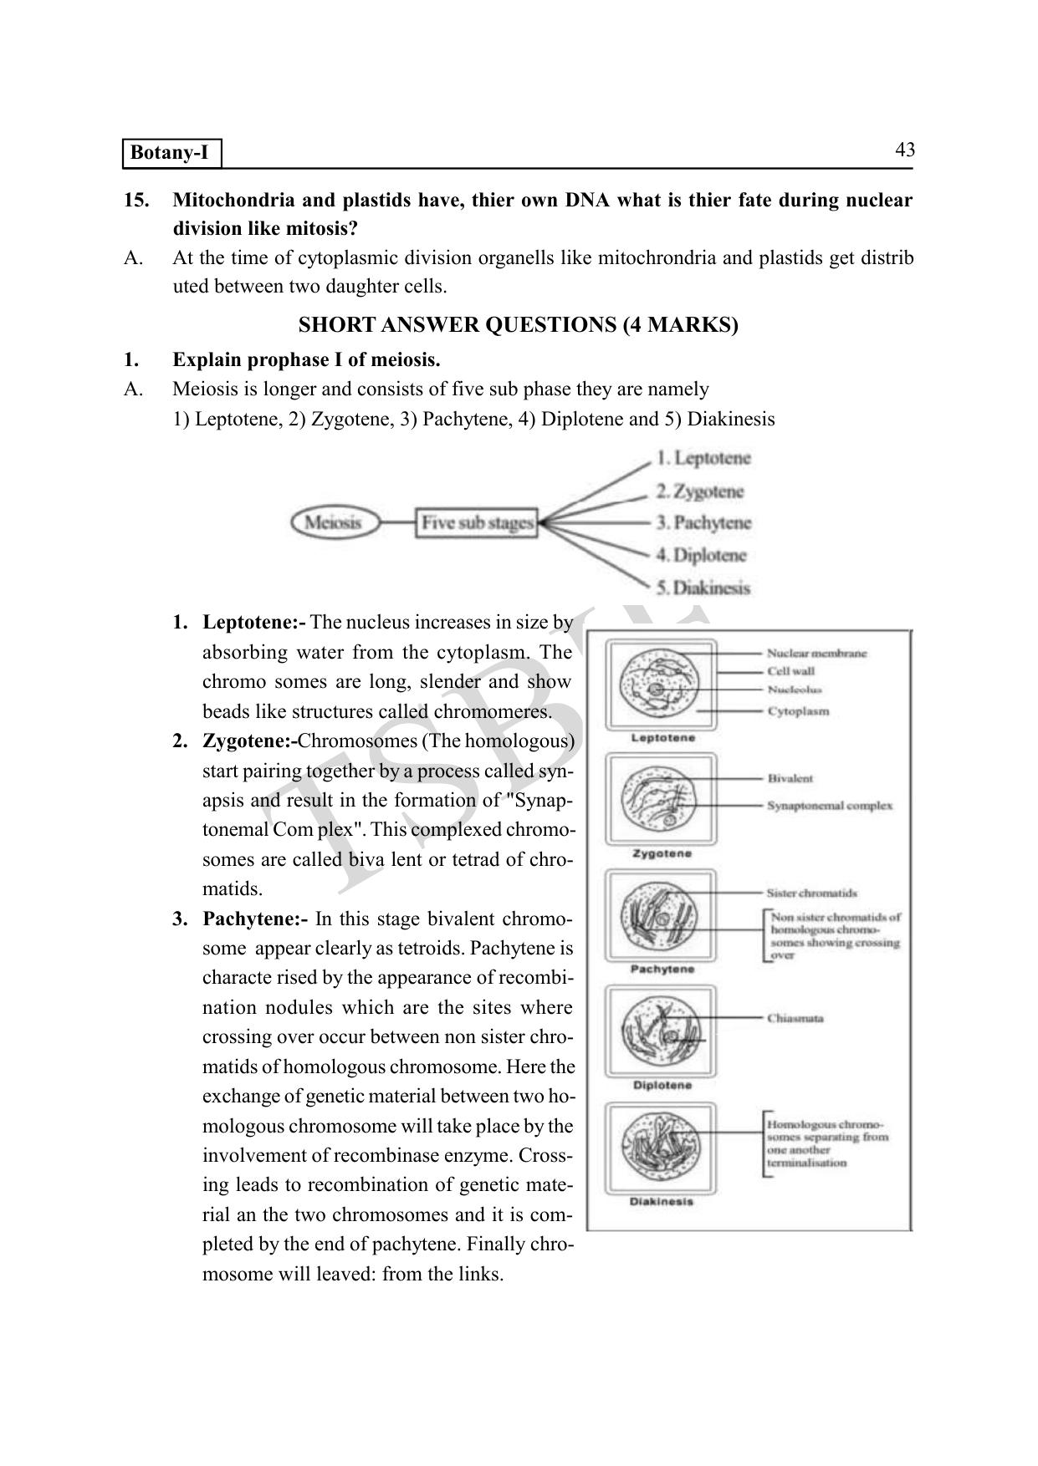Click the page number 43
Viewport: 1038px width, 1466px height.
point(904,150)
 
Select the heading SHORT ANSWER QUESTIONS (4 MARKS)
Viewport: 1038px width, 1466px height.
point(518,325)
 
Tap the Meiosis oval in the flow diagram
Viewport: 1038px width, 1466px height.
point(334,523)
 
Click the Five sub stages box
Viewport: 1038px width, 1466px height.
point(477,523)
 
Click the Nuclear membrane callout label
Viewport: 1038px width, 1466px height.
point(816,654)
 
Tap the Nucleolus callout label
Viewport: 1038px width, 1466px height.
point(795,690)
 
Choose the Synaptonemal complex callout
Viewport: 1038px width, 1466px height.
point(830,806)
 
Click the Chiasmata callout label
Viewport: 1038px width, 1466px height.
point(795,1018)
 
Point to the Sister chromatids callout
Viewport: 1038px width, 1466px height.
point(811,893)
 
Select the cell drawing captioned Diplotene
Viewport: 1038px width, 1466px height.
point(661,1031)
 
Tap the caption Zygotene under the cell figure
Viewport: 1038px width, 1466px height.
point(662,853)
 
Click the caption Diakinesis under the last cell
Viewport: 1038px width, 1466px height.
point(661,1202)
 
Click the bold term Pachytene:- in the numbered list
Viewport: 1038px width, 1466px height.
point(255,919)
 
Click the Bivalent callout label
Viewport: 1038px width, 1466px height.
point(790,778)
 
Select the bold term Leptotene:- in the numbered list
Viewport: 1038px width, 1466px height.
point(254,623)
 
